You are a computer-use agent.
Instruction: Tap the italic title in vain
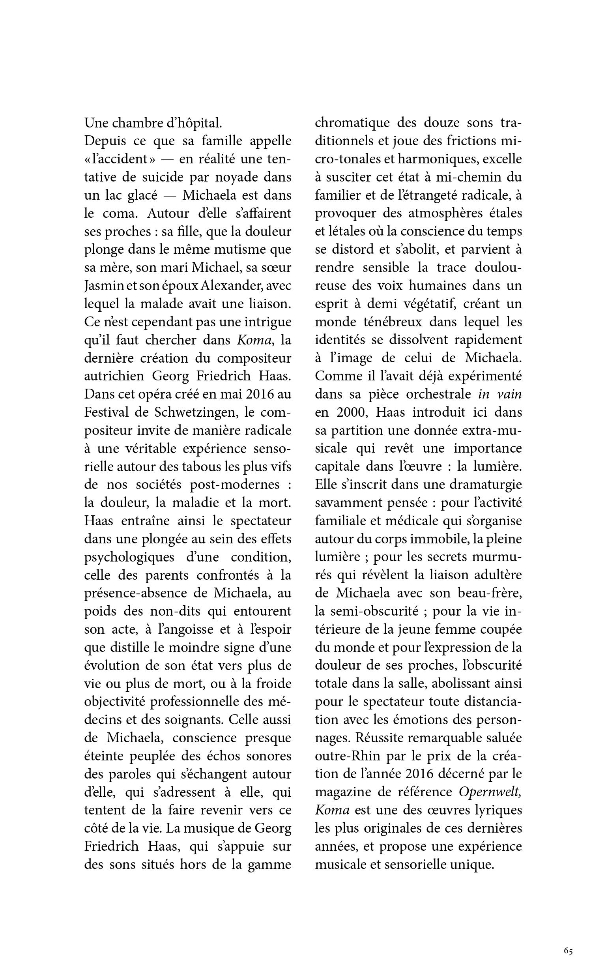click(500, 394)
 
